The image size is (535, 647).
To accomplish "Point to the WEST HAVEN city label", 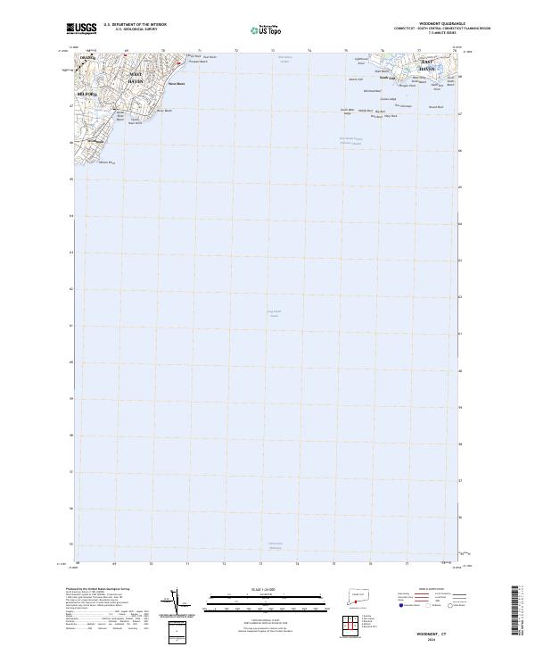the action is (136, 77).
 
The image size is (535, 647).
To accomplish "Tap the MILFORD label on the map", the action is (86, 92).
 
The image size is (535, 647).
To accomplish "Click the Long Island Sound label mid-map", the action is (274, 312).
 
